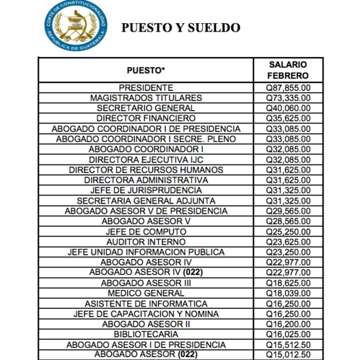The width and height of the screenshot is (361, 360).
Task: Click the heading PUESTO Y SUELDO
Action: tap(181, 28)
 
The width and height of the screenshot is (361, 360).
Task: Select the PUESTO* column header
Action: tap(145, 70)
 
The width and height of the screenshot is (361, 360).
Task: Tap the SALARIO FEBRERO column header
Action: tap(288, 70)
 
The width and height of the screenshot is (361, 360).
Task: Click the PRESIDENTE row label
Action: tap(145, 87)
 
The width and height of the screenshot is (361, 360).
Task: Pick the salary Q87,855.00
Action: tap(288, 87)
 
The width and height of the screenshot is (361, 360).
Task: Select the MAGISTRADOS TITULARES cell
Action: tap(145, 97)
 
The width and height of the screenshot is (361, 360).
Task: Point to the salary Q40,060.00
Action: tap(288, 107)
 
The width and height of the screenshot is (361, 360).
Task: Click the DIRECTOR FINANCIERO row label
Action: tap(145, 118)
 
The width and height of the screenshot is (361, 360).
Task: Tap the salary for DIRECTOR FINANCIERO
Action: tap(288, 118)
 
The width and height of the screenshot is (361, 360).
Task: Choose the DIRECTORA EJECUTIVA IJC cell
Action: tap(145, 159)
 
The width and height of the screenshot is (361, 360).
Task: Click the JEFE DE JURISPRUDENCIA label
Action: tap(145, 190)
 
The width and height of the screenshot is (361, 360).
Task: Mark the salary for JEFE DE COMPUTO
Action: tap(288, 231)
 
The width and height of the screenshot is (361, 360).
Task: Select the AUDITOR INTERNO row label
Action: tap(145, 242)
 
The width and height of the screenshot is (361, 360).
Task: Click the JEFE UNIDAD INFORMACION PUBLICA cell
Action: tap(145, 252)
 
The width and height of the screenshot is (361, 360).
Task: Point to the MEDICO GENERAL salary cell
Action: tap(288, 294)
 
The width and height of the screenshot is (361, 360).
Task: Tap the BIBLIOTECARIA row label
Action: tap(145, 335)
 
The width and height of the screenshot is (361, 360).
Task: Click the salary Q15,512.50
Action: tap(288, 345)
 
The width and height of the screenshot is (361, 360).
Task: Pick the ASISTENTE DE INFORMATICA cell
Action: tap(145, 304)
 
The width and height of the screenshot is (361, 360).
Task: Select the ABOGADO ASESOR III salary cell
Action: tap(288, 283)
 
